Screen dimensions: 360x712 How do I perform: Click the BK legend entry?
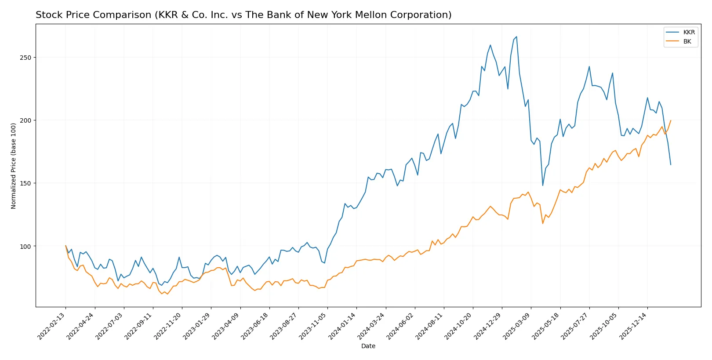[687, 41]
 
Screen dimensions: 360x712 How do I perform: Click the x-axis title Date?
[368, 346]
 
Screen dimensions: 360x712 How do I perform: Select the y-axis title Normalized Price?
[14, 166]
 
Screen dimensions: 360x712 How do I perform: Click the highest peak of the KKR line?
[516, 37]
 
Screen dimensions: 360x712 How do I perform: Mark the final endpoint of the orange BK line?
[671, 120]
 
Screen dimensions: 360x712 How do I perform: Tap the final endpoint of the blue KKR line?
[671, 165]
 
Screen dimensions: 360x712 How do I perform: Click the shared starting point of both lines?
[65, 246]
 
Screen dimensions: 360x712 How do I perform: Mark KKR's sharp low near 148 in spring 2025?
[543, 185]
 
